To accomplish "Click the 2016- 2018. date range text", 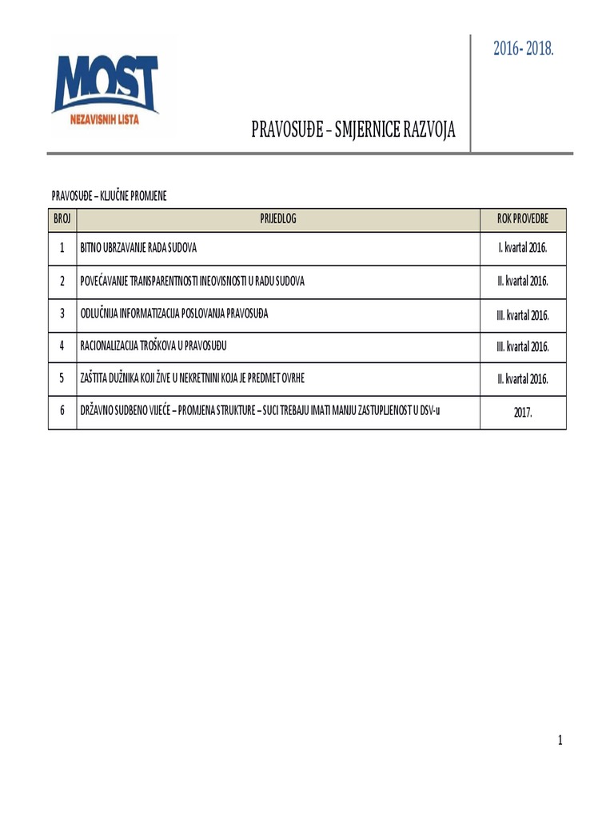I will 524,49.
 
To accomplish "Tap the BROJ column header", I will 62,218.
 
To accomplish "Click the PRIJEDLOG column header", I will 277,218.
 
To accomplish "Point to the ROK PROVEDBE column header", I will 523,218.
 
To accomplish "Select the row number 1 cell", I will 62,248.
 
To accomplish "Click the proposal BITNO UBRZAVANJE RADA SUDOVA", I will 138,248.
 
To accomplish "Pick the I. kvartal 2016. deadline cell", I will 523,248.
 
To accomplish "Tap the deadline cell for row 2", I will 523,282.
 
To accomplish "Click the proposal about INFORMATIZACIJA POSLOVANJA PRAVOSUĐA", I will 174,314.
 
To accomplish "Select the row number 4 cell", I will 62,346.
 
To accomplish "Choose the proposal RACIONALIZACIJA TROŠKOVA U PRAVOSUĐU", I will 159,346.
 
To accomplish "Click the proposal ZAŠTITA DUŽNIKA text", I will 192,378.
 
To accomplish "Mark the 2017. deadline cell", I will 523,413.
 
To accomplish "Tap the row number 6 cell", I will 62,411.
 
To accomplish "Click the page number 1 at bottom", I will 560,741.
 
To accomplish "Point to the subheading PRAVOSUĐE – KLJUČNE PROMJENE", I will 109,196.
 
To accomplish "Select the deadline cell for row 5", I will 523,379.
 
